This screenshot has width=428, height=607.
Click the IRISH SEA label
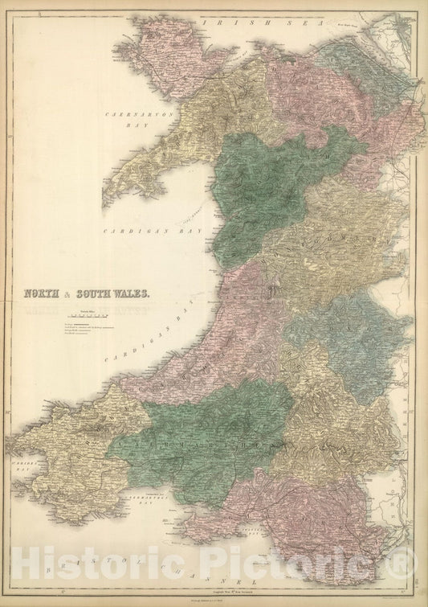256,23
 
